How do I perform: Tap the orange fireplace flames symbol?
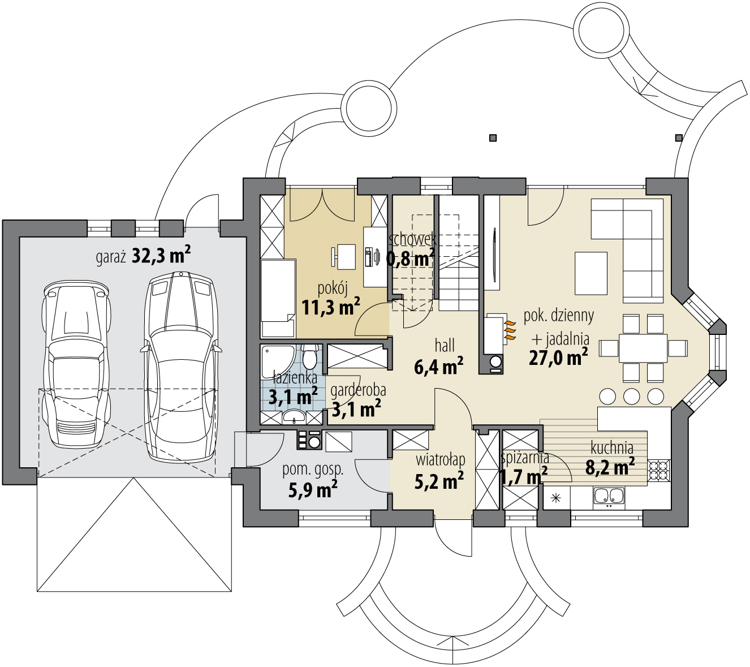(x=510, y=329)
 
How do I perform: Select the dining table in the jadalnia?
(x=643, y=348)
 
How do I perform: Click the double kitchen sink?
(x=609, y=496)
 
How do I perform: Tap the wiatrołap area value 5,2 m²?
(x=439, y=481)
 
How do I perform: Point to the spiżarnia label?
(x=524, y=458)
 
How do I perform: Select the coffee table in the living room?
(x=591, y=273)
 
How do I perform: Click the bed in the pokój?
(x=278, y=298)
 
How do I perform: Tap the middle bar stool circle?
(x=632, y=395)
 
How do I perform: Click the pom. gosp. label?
(x=313, y=470)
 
